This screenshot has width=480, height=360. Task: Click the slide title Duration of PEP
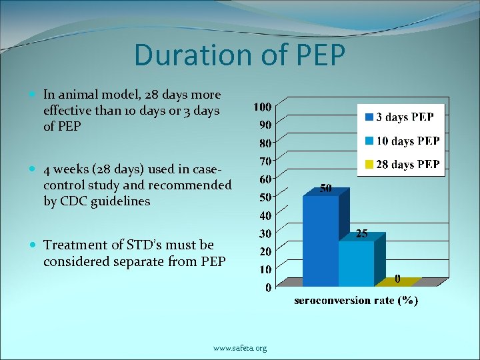click(239, 55)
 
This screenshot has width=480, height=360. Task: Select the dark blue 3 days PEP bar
click(321, 240)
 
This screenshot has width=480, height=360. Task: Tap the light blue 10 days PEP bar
click(356, 263)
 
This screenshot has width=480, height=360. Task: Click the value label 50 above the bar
click(326, 189)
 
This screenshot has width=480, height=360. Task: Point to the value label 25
click(362, 234)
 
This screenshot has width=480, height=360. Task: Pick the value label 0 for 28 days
click(397, 279)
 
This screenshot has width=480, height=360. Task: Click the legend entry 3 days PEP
click(405, 117)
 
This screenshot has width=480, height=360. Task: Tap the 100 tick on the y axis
click(262, 107)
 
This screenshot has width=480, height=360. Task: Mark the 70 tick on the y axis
click(265, 161)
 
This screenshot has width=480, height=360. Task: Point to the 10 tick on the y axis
click(265, 269)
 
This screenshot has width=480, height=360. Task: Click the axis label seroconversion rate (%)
click(356, 301)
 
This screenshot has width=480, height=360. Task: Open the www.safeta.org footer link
click(240, 348)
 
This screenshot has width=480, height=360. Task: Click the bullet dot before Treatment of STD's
click(34, 245)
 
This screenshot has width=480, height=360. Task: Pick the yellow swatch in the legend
click(369, 164)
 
